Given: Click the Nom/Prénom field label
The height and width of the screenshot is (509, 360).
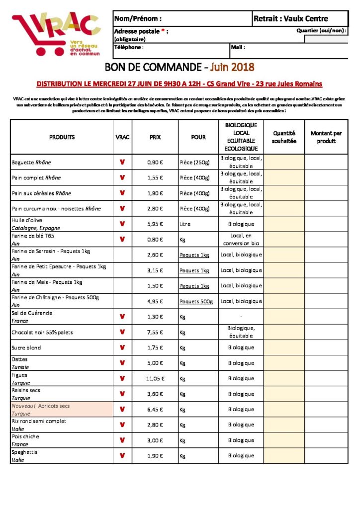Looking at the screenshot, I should (x=138, y=19).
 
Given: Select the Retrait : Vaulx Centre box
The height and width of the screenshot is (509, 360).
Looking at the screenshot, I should (x=291, y=19).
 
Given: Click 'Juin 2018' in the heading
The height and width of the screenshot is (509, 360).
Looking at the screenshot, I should (x=232, y=67).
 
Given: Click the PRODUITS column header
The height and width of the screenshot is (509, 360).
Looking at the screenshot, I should (x=62, y=137).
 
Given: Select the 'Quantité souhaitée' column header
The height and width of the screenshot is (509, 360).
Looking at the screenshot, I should (x=284, y=137).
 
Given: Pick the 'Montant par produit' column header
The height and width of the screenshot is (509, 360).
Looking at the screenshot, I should (x=326, y=137).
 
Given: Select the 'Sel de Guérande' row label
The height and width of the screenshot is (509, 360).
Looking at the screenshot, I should (x=32, y=313).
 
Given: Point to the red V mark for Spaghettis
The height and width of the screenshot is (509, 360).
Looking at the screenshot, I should (x=122, y=455).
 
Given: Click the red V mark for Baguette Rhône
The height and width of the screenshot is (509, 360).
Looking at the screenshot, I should (x=122, y=162).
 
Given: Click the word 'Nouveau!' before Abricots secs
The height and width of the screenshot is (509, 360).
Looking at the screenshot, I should (x=23, y=406).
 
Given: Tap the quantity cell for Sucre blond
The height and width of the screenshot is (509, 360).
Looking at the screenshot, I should (x=284, y=347).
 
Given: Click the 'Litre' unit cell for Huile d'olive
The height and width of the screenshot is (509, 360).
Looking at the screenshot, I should (x=185, y=224).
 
